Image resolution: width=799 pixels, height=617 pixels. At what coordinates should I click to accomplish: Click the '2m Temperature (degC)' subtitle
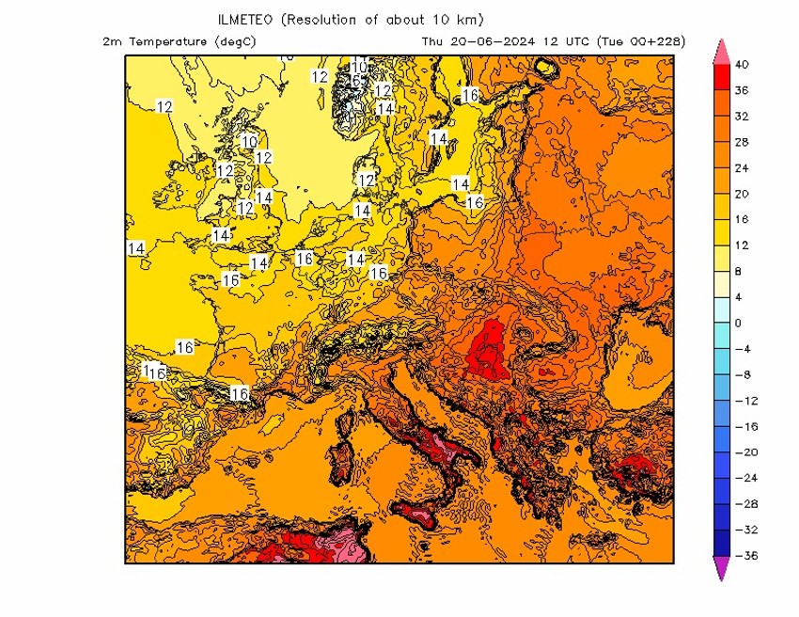tap(179, 41)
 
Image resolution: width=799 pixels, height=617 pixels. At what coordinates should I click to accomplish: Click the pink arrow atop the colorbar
tap(722, 52)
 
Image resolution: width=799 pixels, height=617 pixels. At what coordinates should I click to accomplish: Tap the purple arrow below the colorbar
tap(722, 568)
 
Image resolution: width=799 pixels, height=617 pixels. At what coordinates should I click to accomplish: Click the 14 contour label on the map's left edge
tap(136, 248)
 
